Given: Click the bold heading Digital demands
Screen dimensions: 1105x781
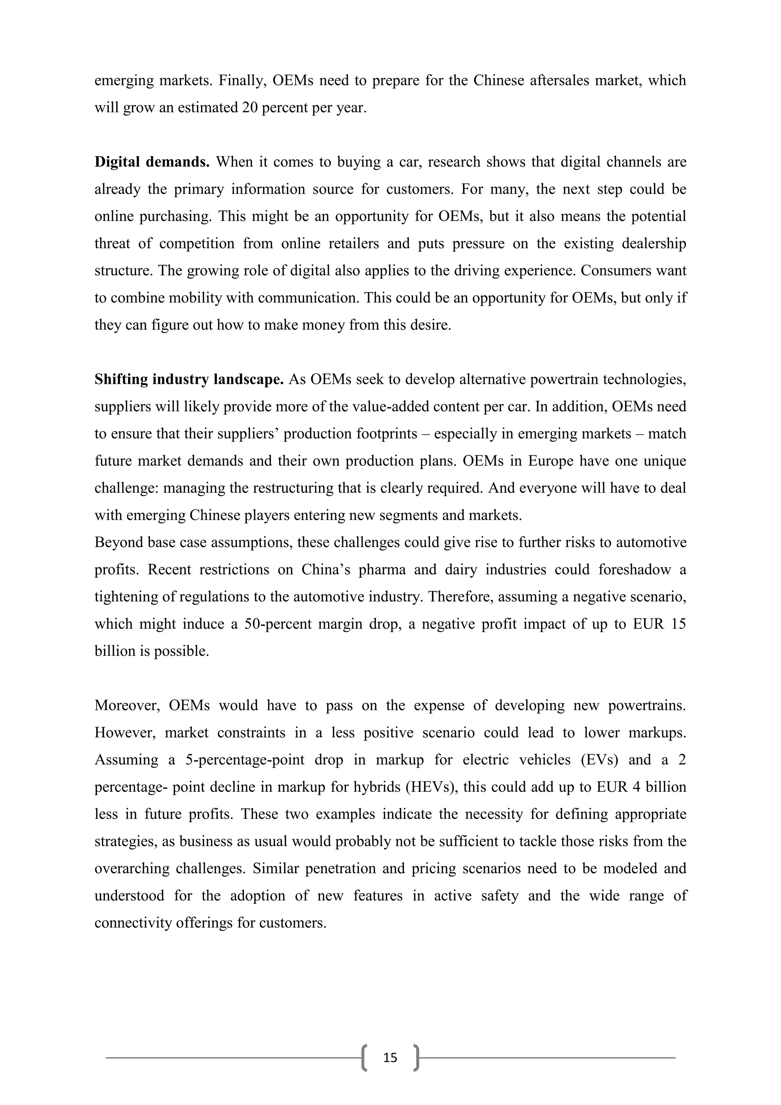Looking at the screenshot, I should point(152,162).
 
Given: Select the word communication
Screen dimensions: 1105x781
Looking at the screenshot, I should point(308,298).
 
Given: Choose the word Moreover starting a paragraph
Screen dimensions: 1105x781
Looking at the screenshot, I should point(127,706).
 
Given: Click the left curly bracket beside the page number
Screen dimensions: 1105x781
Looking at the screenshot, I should point(364,1058).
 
